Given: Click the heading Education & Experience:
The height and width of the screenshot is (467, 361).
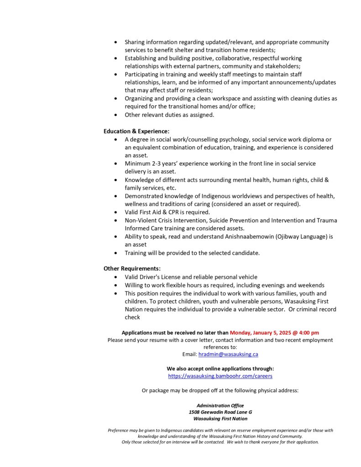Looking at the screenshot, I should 136,131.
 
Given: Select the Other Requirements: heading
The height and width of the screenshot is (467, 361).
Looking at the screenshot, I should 132,269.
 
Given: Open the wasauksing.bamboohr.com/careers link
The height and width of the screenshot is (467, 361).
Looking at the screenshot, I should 220,376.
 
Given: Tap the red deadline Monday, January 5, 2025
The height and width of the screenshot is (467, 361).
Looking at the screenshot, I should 265,332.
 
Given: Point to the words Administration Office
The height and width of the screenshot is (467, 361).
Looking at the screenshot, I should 220,405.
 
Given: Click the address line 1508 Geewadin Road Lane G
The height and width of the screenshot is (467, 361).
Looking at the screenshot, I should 220,412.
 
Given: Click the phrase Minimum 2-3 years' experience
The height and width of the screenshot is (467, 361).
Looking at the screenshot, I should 166,163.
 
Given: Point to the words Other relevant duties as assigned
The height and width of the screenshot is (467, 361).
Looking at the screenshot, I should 169,115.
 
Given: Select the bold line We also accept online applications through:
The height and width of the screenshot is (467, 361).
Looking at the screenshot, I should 220,368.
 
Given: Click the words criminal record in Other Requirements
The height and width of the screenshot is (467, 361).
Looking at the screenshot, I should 317,310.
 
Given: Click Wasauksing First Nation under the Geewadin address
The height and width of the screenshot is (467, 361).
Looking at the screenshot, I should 220,418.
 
